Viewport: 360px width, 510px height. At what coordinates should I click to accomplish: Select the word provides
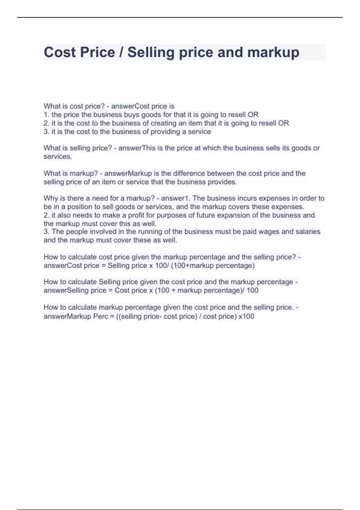(x=222, y=182)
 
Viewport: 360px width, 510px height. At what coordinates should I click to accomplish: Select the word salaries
(x=308, y=232)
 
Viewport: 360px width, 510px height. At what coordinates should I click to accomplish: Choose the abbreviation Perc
(x=100, y=316)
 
